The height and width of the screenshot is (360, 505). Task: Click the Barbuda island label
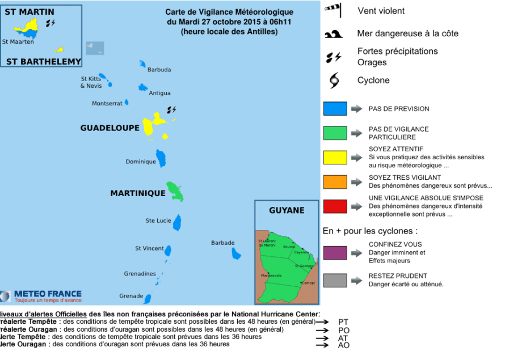[x=159, y=70]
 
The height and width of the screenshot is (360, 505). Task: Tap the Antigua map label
[x=159, y=93]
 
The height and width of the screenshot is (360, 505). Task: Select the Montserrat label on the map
[x=107, y=104]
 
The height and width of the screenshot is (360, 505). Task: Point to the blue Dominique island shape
[x=161, y=158]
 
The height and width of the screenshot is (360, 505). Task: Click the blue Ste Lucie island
[x=177, y=222]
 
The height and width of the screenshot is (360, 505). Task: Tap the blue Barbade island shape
[x=236, y=253]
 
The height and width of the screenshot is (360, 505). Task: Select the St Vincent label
[x=149, y=248]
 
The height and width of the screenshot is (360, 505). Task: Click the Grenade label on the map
[x=131, y=296]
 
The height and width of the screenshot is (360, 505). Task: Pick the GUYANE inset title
[x=287, y=210]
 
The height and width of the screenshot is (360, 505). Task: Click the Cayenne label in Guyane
[x=301, y=252]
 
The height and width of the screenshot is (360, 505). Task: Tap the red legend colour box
[x=335, y=206]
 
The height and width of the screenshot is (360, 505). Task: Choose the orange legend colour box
[x=335, y=181]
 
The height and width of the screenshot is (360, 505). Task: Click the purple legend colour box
[x=335, y=252]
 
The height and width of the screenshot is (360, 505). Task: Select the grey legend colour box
[x=335, y=280]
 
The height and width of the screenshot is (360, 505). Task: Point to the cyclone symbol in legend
[x=334, y=81]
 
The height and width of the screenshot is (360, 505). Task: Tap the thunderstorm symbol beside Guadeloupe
[x=171, y=109]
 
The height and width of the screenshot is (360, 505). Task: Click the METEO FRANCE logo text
[x=48, y=294]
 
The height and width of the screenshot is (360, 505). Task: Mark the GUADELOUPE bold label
[x=110, y=128]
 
